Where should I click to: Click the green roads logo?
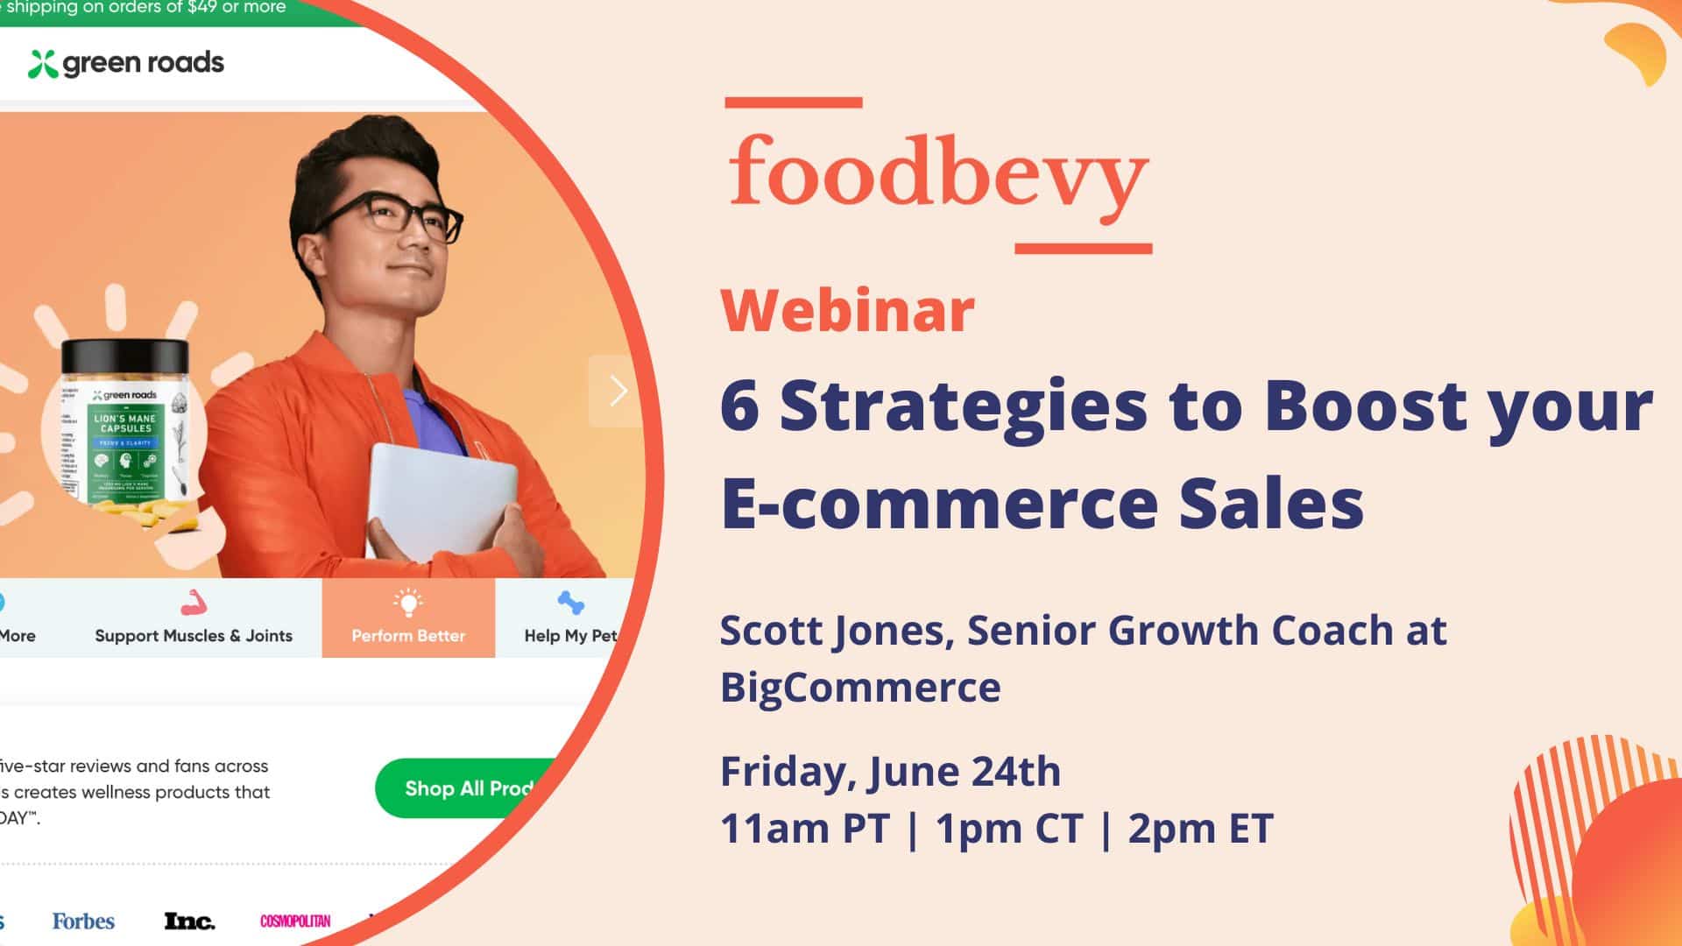(x=126, y=63)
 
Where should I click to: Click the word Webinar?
(x=847, y=311)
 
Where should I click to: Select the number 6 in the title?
(x=739, y=407)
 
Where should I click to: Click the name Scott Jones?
(x=836, y=631)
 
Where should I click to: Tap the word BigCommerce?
(x=860, y=687)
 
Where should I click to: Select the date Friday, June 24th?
(x=890, y=772)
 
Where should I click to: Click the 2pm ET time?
(x=1199, y=829)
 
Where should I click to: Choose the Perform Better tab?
(x=408, y=618)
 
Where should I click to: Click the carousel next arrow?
(x=618, y=391)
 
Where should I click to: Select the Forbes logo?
(x=83, y=921)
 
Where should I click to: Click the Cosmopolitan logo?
(x=295, y=921)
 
